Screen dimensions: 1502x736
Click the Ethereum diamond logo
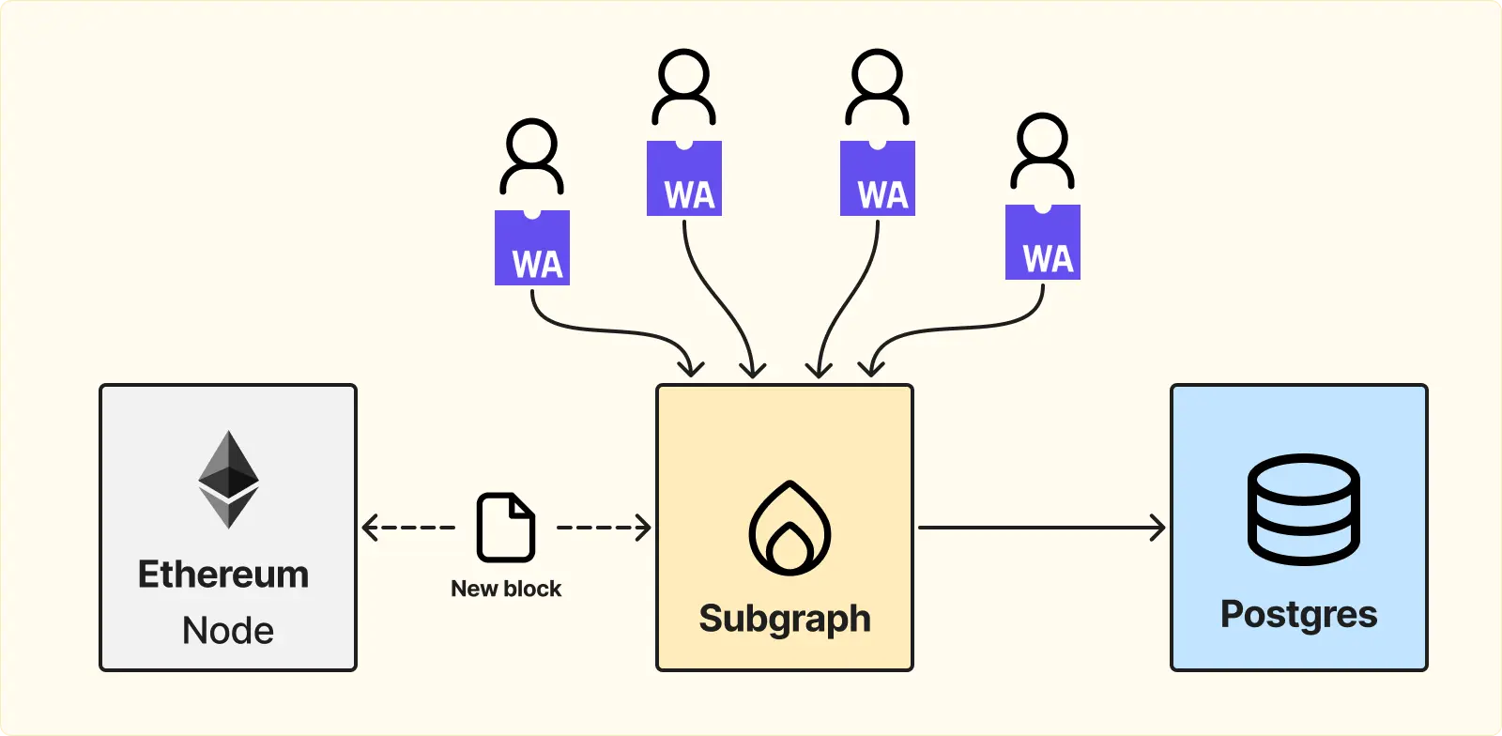pyautogui.click(x=229, y=480)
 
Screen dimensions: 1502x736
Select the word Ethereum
pyautogui.click(x=223, y=575)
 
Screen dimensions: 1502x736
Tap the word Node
pyautogui.click(x=228, y=630)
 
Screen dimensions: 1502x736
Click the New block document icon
pyautogui.click(x=506, y=528)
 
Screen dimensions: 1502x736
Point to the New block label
pyautogui.click(x=506, y=589)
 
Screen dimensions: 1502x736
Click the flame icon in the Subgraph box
pyautogui.click(x=789, y=529)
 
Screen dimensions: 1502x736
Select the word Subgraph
pyautogui.click(x=785, y=619)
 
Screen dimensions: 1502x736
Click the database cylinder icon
pyautogui.click(x=1304, y=510)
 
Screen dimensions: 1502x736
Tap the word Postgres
pyautogui.click(x=1299, y=615)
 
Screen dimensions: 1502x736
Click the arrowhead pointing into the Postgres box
pyautogui.click(x=1157, y=528)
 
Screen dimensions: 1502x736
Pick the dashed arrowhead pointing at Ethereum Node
pyautogui.click(x=370, y=528)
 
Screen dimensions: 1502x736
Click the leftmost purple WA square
pyautogui.click(x=532, y=247)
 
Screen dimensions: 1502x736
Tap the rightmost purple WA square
pyautogui.click(x=1043, y=242)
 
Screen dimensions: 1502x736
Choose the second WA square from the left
pyautogui.click(x=684, y=178)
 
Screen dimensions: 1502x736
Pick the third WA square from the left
pyautogui.click(x=878, y=178)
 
